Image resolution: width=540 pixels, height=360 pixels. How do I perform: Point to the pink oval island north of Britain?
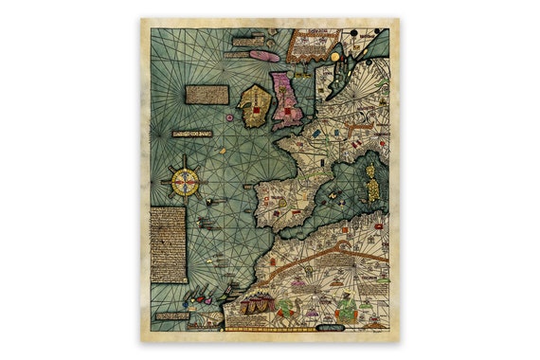pos(265,56)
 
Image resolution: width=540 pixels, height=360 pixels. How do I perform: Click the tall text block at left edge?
pos(169,243)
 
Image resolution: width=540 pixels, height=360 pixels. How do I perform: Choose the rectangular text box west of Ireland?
pos(207,94)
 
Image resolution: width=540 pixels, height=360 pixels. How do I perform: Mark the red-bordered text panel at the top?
pos(312,42)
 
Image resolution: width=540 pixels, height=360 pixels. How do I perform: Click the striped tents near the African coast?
pos(255,304)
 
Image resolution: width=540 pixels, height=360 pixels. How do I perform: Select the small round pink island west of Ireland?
pos(229,117)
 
